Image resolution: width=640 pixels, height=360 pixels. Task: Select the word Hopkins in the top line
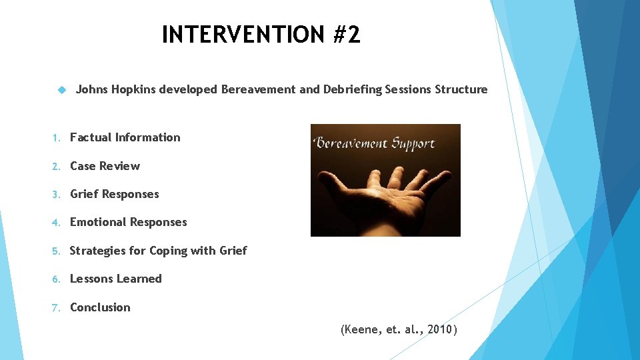(x=132, y=89)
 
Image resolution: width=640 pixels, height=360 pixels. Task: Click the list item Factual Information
(x=125, y=137)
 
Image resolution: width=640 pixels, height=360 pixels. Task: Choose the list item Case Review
(x=105, y=166)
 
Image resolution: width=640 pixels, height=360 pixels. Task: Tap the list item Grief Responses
(x=114, y=194)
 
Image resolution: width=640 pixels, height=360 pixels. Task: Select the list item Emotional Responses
(x=128, y=222)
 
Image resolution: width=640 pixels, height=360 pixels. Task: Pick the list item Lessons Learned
(x=115, y=279)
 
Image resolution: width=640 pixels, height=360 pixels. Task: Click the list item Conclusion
(x=100, y=307)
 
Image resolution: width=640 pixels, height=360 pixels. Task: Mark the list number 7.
(x=56, y=307)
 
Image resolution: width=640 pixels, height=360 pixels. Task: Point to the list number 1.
(x=56, y=138)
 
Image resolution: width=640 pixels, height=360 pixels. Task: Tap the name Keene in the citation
(x=362, y=329)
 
